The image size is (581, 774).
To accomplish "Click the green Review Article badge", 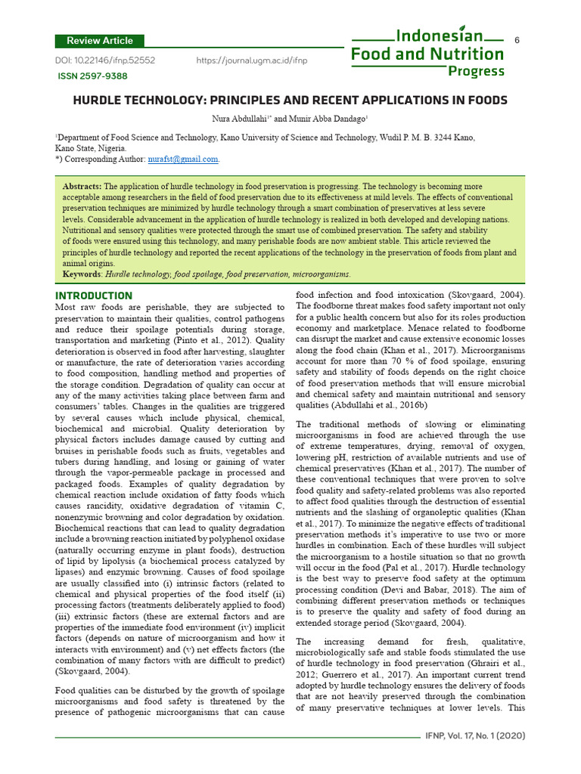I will coord(100,41).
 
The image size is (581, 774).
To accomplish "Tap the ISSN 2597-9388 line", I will coord(93,76).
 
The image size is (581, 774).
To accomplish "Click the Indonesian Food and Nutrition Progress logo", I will coord(427,53).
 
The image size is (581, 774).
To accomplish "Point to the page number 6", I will coord(517,39).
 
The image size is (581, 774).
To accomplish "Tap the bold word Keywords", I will coord(82,274).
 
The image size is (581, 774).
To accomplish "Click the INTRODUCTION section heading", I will coord(94,296).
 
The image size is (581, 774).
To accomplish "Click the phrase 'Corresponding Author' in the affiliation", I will coord(110,159).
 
